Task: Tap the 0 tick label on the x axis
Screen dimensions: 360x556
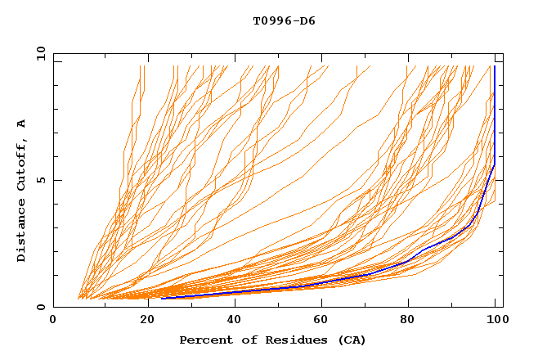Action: (54, 321)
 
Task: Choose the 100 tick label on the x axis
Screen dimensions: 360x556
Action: (496, 321)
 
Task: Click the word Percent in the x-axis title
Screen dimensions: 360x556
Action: (205, 340)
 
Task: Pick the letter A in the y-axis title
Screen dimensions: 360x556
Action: (22, 124)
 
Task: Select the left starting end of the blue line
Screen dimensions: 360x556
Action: (162, 298)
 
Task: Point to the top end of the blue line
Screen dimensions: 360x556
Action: (495, 66)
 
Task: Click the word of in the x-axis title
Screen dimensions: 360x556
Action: (246, 340)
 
